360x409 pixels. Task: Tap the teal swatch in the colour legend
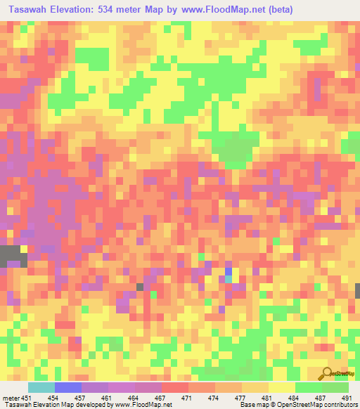pyautogui.click(x=41, y=387)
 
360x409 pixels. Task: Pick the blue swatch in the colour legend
pyautogui.click(x=68, y=387)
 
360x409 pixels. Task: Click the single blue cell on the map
pyautogui.click(x=228, y=271)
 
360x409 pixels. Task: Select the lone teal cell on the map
pyautogui.click(x=228, y=279)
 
